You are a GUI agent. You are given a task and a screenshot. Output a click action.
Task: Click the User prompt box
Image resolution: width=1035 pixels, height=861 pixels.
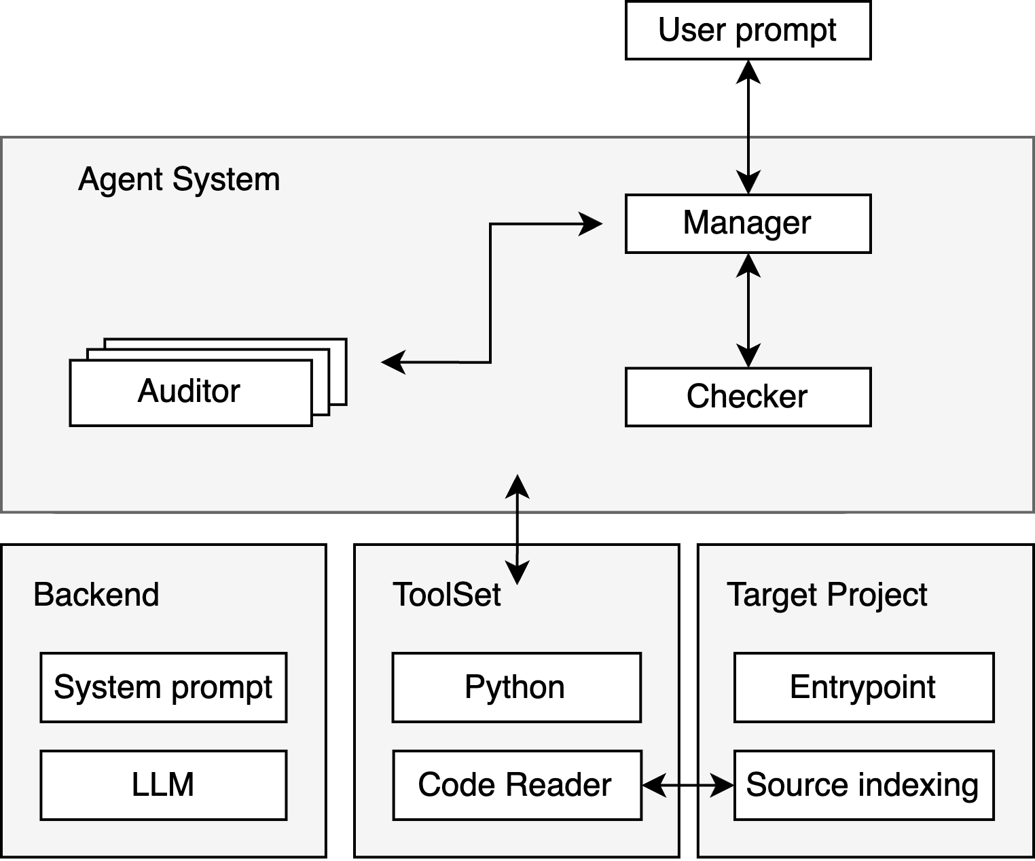pyautogui.click(x=748, y=31)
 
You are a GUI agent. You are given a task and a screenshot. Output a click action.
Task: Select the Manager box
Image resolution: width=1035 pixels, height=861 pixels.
pyautogui.click(x=748, y=223)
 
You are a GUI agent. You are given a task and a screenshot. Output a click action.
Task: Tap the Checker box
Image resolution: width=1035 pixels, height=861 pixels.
pyautogui.click(x=748, y=397)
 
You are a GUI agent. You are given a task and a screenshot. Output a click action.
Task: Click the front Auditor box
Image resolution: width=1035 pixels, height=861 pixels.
pyautogui.click(x=191, y=392)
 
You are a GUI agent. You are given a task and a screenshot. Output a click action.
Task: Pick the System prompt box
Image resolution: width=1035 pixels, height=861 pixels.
pyautogui.click(x=164, y=687)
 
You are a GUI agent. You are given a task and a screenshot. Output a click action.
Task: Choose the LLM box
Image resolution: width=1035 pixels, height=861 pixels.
pyautogui.click(x=164, y=785)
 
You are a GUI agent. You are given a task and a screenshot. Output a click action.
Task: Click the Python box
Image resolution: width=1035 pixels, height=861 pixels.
pyautogui.click(x=517, y=687)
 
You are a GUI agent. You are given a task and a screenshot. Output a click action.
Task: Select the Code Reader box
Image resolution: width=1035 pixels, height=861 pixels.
pyautogui.click(x=517, y=785)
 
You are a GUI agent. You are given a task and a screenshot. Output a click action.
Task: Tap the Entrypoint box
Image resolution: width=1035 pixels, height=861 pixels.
pyautogui.click(x=864, y=687)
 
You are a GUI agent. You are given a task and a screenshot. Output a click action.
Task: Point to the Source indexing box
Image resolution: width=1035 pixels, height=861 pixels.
pyautogui.click(x=864, y=785)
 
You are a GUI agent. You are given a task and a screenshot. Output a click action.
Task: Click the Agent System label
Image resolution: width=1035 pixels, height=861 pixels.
pyautogui.click(x=179, y=179)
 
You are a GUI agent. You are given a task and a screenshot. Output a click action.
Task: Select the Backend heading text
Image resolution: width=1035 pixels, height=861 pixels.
pyautogui.click(x=96, y=594)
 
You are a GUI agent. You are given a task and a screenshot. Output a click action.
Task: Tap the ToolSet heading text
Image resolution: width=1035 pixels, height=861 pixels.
pyautogui.click(x=447, y=594)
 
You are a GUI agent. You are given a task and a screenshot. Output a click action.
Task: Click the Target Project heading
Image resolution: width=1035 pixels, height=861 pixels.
pyautogui.click(x=827, y=596)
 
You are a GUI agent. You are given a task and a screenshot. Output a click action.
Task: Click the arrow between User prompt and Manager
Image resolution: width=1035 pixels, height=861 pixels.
pyautogui.click(x=748, y=127)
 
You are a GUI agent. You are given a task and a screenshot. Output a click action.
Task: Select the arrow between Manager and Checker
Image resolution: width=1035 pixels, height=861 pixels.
pyautogui.click(x=748, y=310)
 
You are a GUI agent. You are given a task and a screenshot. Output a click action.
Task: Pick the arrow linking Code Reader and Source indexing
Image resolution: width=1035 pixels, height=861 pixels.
pyautogui.click(x=687, y=785)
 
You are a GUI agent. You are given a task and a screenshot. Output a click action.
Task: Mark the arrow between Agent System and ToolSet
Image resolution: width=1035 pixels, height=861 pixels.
pyautogui.click(x=517, y=530)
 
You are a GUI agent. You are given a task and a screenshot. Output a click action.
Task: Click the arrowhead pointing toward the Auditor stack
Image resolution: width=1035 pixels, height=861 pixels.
pyautogui.click(x=394, y=362)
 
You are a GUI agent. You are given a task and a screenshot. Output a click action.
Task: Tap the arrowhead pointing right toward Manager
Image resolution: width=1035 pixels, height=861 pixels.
pyautogui.click(x=590, y=224)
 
